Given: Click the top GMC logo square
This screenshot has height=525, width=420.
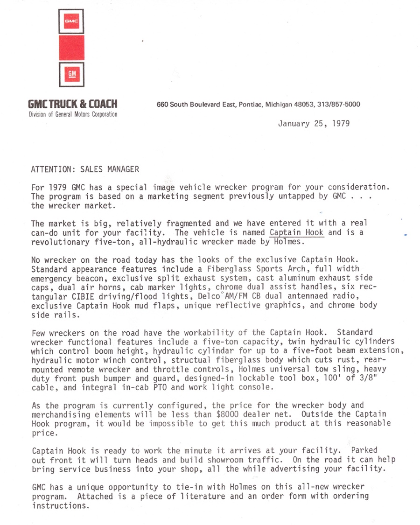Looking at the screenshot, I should pos(71,21).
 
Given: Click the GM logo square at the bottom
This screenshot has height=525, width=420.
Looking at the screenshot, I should pos(71,74).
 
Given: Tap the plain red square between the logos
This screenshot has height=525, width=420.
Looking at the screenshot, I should pos(71,48).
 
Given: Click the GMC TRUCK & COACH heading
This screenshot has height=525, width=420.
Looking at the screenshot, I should pos(73,104).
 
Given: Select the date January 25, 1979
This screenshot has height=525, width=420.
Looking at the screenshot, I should pos(314,124).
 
